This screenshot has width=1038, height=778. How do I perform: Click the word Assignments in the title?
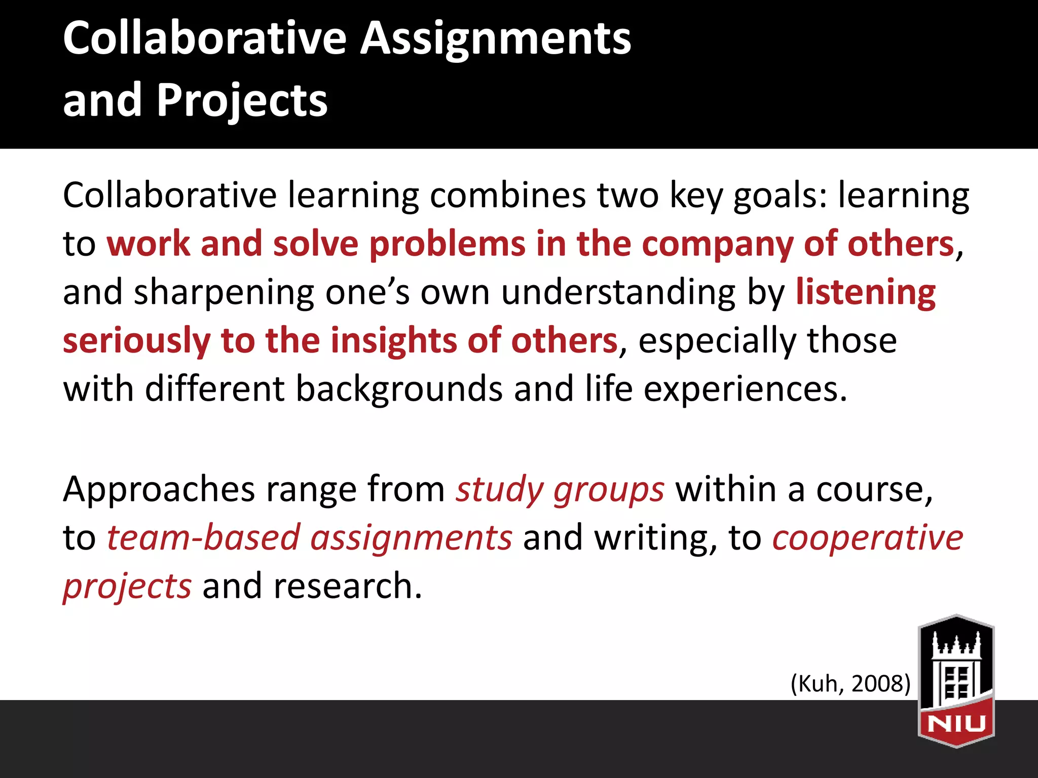pos(496,40)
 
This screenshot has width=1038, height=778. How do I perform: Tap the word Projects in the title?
pos(242,100)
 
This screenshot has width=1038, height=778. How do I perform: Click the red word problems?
pos(447,245)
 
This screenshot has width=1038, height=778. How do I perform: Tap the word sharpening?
pos(224,293)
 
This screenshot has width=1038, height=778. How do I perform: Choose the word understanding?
pos(618,293)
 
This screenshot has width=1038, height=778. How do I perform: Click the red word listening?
pos(866,293)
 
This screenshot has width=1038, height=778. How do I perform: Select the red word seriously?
pos(136,341)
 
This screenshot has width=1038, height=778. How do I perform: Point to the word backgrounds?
pos(399,389)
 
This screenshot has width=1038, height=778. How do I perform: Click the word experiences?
pos(745,389)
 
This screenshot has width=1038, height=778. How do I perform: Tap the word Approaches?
pos(159,490)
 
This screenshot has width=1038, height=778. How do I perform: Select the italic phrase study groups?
pos(560,490)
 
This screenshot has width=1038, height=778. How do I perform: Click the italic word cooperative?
pos(867,537)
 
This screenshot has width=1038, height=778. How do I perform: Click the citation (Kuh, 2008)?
pos(850,683)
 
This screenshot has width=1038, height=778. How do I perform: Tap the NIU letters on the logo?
pos(956,723)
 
